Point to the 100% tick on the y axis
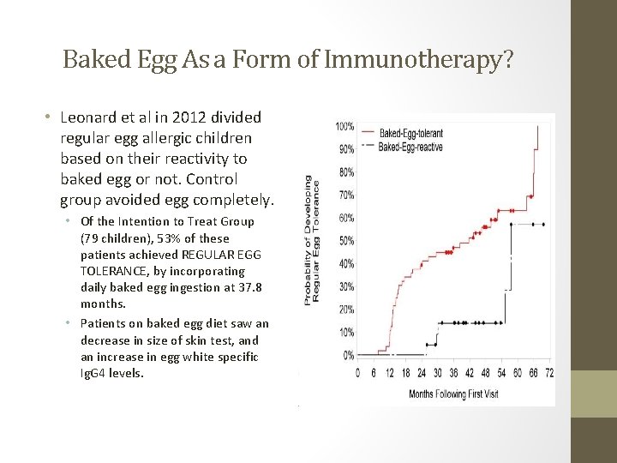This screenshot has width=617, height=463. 344,126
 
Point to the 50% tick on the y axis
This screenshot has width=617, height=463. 345,241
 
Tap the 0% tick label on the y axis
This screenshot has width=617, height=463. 348,355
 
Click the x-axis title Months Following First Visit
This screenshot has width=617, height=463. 453,394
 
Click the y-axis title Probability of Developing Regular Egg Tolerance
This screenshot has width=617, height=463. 313,241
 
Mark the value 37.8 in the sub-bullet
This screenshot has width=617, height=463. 229,287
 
